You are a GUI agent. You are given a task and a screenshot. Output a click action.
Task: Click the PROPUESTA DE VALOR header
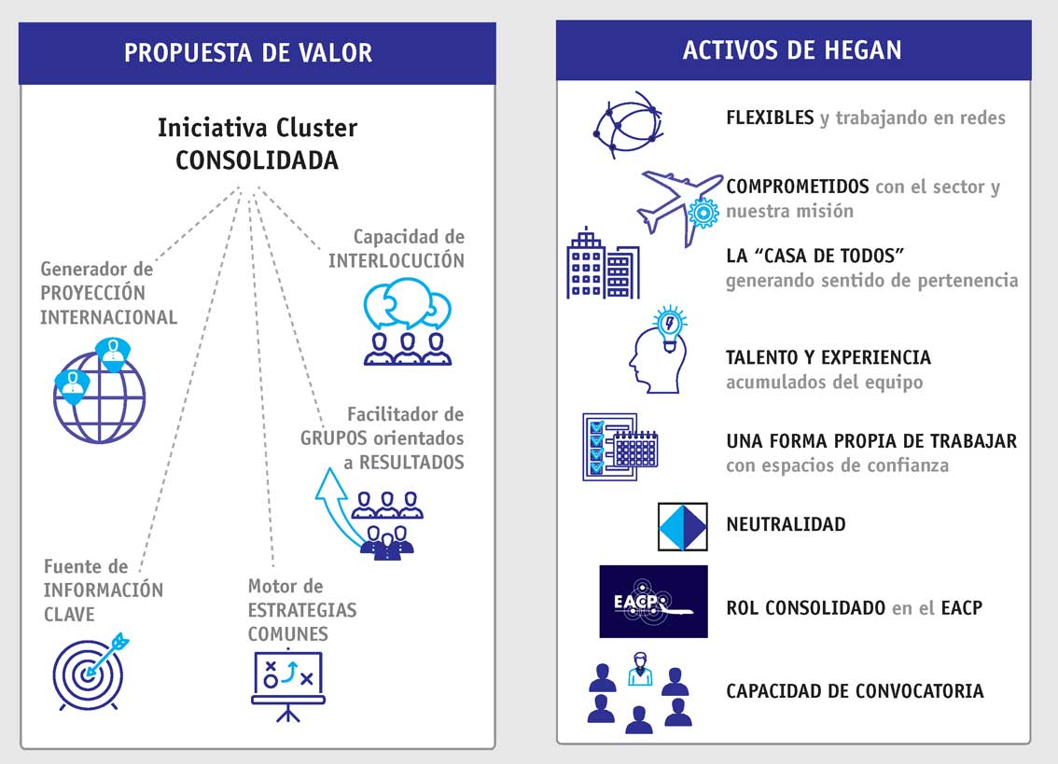248,52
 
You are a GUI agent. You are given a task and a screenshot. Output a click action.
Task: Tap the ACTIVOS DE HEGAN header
792,49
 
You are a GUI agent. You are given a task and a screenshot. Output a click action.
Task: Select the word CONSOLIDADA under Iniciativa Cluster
257,160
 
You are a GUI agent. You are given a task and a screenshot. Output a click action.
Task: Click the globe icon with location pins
99,389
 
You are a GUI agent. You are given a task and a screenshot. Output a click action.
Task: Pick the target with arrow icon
90,672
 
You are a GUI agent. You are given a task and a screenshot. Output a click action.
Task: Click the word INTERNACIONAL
108,317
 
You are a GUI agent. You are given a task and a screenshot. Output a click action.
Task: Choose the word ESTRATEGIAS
302,610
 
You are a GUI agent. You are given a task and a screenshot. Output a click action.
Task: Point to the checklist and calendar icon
619,447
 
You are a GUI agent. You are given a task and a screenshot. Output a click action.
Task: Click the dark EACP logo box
653,602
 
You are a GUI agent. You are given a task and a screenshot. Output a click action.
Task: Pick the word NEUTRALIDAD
786,524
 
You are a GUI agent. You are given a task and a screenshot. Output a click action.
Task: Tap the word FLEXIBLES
770,118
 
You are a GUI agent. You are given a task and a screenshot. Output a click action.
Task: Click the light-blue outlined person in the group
639,671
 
